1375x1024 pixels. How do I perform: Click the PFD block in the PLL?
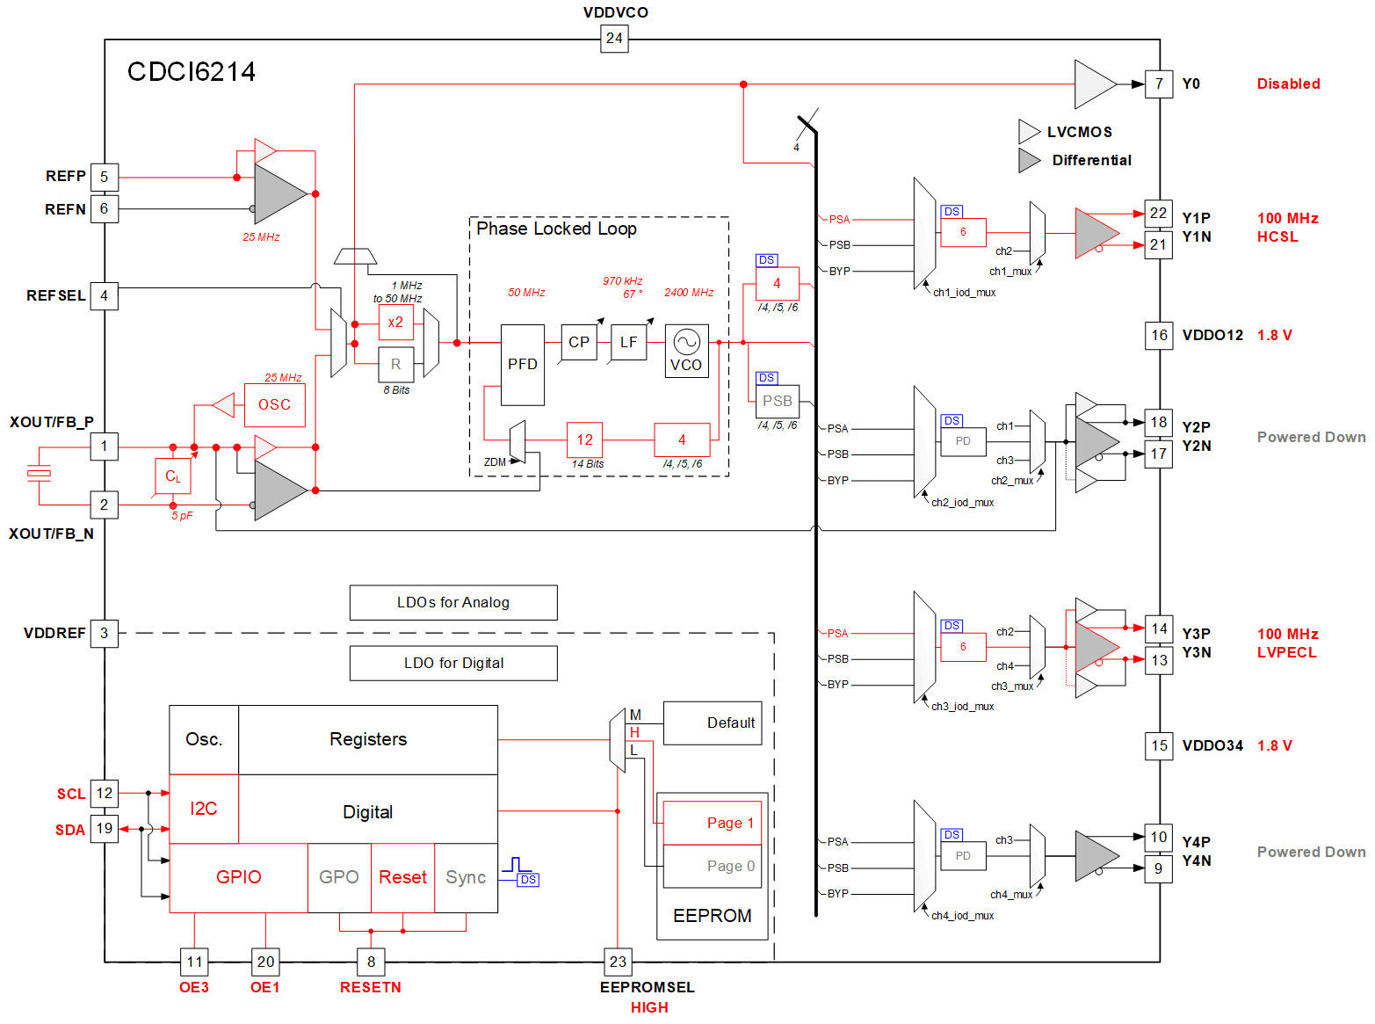tap(522, 365)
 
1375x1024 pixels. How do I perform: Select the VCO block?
tap(686, 352)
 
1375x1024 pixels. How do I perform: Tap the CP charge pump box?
tap(579, 342)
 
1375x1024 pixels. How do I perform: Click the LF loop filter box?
tap(628, 342)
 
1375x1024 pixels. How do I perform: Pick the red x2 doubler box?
tap(395, 323)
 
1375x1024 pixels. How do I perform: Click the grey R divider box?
tap(395, 364)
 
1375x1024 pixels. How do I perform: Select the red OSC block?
tap(274, 404)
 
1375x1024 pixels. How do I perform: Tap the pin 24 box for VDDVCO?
tap(614, 39)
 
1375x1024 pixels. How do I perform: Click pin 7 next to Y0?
tap(1159, 84)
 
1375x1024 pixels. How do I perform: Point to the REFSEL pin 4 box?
tap(104, 296)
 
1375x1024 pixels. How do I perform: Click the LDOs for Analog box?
tap(453, 603)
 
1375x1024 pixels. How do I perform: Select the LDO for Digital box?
tap(453, 664)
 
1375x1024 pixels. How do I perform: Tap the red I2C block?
tap(204, 809)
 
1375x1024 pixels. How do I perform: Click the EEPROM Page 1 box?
tap(712, 823)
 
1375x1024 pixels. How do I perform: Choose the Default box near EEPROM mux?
tap(713, 723)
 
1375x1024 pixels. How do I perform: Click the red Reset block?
tap(402, 877)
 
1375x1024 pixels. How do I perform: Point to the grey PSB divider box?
tap(778, 402)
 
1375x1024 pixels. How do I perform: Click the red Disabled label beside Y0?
tap(1288, 84)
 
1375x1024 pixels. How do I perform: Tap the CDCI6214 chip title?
tap(192, 72)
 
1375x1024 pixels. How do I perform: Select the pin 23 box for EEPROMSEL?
tap(618, 962)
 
